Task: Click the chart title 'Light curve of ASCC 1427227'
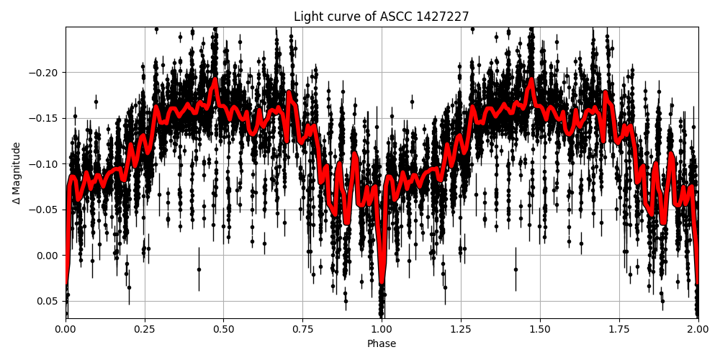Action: point(382,17)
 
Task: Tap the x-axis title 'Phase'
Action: point(382,344)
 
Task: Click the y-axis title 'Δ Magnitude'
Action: point(17,173)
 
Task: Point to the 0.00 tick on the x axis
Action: point(66,330)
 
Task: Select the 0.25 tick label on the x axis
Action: point(145,330)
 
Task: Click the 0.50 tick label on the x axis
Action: point(224,330)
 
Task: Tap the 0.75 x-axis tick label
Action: point(302,330)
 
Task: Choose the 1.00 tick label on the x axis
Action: point(382,330)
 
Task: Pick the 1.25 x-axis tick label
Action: point(461,330)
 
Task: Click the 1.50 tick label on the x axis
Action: point(540,330)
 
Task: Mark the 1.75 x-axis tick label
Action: point(618,330)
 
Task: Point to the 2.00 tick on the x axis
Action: point(698,330)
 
